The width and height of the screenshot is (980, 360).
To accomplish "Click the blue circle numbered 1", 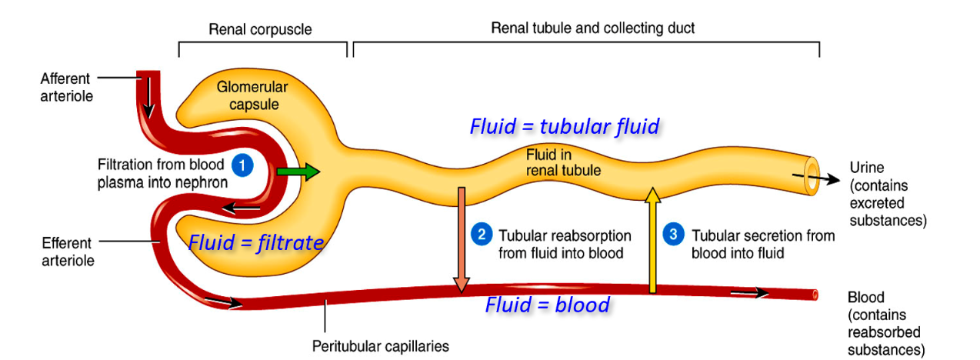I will tap(242, 165).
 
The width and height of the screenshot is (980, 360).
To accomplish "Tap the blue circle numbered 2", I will tap(481, 235).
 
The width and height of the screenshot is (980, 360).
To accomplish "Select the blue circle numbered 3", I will tap(673, 235).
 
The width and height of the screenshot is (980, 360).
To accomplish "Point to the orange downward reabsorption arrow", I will tap(461, 239).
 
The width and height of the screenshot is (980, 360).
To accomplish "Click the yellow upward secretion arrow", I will tap(652, 239).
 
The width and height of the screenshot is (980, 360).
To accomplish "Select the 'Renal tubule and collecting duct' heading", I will tap(592, 28).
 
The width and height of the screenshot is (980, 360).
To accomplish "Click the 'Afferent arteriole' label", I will tap(65, 87).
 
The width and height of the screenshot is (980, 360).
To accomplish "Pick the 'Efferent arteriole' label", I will tap(67, 252).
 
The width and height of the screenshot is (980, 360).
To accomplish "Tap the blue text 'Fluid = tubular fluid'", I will tap(564, 126).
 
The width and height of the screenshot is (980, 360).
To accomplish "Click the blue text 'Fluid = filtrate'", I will tap(255, 243).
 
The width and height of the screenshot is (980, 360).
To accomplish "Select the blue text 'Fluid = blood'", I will tap(547, 305).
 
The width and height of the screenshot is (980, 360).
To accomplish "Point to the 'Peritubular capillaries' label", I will tap(380, 345).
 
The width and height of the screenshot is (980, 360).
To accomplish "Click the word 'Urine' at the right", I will tap(866, 168).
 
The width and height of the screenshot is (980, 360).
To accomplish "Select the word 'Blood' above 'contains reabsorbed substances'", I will tap(865, 298).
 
